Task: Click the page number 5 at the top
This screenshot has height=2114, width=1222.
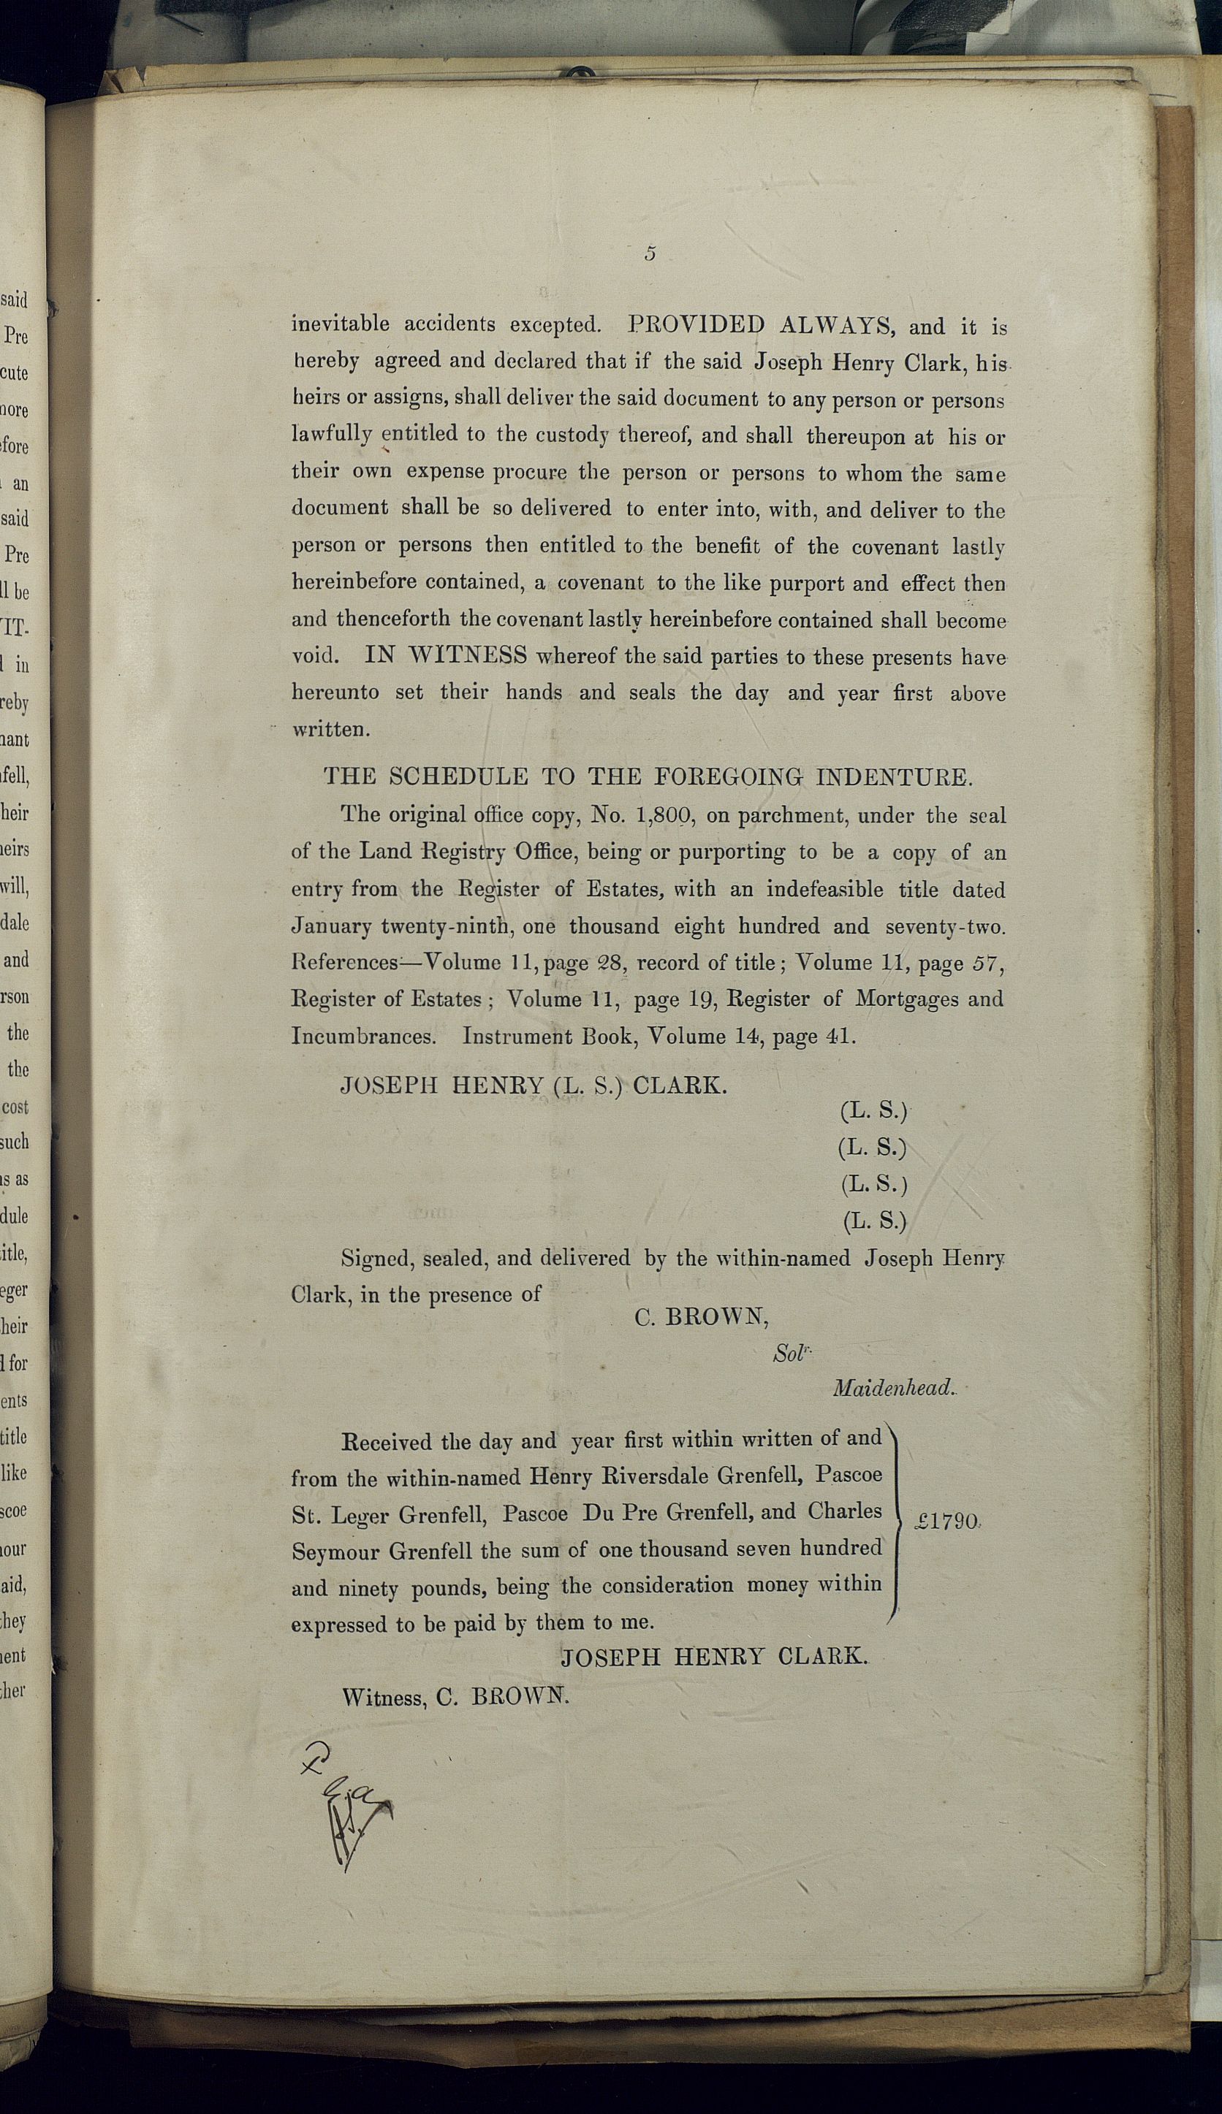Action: [x=650, y=253]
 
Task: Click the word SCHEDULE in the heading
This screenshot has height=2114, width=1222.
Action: [x=458, y=776]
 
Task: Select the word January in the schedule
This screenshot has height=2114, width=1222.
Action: [x=330, y=926]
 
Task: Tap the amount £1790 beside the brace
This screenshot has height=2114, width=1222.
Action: [x=946, y=1521]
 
